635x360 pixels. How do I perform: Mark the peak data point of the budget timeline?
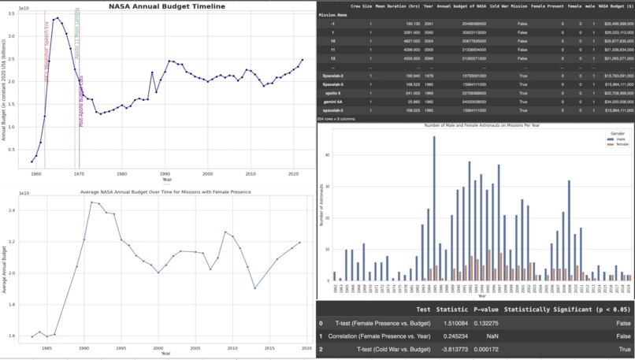57,17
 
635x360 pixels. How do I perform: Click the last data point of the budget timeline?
302,59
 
